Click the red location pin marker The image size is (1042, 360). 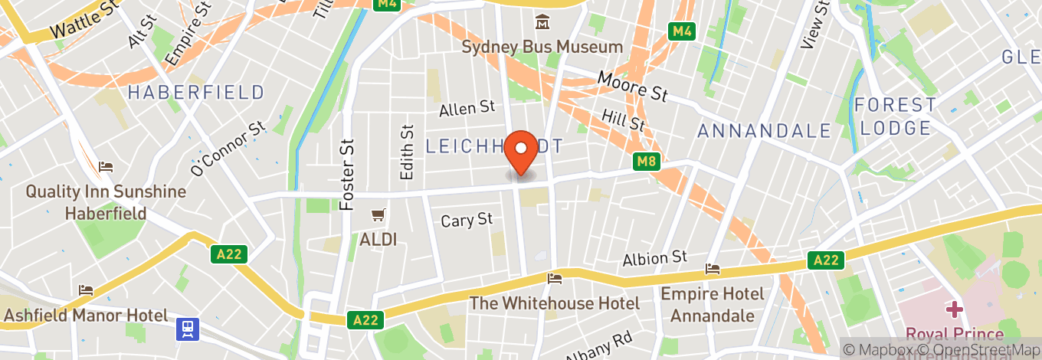click(x=523, y=153)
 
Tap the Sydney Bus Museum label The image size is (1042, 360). click(x=542, y=47)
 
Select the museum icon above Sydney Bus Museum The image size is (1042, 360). click(x=542, y=22)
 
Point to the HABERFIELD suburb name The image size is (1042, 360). click(x=196, y=93)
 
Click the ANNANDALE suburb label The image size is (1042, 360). click(x=764, y=131)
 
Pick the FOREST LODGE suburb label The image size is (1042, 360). click(x=896, y=116)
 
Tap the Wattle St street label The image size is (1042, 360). click(x=86, y=21)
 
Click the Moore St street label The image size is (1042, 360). click(x=632, y=86)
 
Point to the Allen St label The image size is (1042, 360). click(x=467, y=110)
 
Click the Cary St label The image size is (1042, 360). click(x=467, y=221)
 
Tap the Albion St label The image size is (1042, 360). click(x=655, y=258)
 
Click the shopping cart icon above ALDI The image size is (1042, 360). click(x=378, y=216)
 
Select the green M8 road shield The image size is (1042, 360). click(x=647, y=162)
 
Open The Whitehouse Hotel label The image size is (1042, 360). click(x=554, y=303)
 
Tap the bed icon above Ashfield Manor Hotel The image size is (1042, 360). click(x=86, y=290)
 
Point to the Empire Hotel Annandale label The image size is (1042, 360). click(x=712, y=304)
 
